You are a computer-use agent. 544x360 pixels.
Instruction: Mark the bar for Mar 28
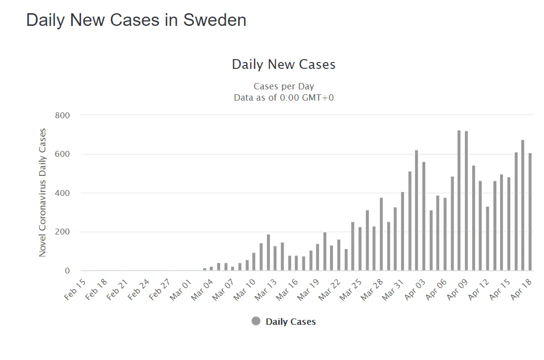tap(381, 234)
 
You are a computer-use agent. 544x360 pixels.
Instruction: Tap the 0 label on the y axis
tap(67, 271)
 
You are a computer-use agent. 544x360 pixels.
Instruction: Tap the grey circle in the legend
tap(256, 321)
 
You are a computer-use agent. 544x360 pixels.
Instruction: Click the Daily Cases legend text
tap(291, 321)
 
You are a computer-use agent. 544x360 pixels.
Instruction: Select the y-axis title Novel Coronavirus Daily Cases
tap(42, 192)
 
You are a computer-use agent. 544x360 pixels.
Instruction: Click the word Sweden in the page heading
tap(215, 20)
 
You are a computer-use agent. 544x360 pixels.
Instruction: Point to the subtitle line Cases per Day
tap(283, 86)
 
